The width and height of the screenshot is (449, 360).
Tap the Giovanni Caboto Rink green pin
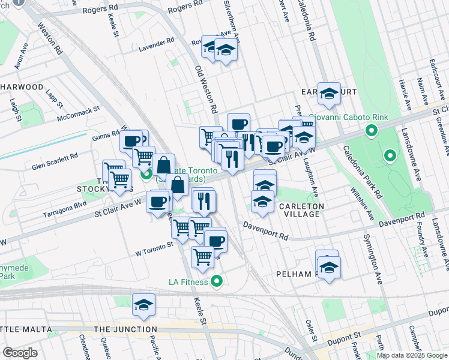point(372,130)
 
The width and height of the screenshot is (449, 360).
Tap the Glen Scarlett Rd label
point(55,156)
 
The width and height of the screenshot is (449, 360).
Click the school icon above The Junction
point(143,305)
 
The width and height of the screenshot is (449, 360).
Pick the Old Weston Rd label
point(206,89)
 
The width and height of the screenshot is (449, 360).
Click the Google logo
point(20,353)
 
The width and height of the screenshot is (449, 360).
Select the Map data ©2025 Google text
point(411,355)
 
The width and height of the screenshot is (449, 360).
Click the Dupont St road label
point(344,337)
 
